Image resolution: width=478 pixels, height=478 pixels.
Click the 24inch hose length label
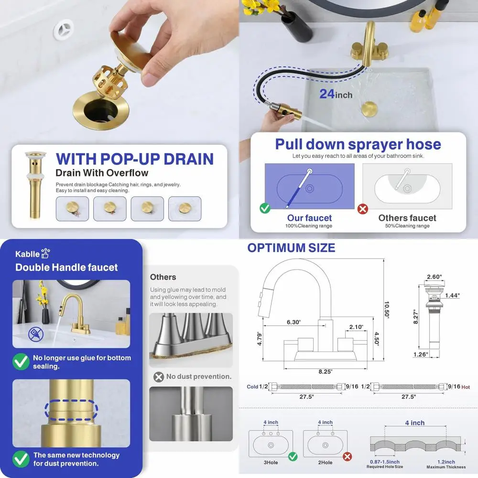pyautogui.click(x=336, y=94)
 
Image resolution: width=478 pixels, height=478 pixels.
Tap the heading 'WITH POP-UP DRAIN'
pyautogui.click(x=134, y=159)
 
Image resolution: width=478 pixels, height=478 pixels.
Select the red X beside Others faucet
pyautogui.click(x=363, y=208)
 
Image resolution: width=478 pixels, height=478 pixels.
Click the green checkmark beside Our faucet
pyautogui.click(x=265, y=208)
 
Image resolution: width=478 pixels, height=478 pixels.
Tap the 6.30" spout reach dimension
pyautogui.click(x=293, y=322)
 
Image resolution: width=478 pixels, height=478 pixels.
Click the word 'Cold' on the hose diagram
pyautogui.click(x=253, y=386)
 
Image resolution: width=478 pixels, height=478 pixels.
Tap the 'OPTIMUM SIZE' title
pyautogui.click(x=291, y=248)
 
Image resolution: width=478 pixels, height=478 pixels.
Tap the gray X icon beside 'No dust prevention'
pyautogui.click(x=159, y=377)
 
